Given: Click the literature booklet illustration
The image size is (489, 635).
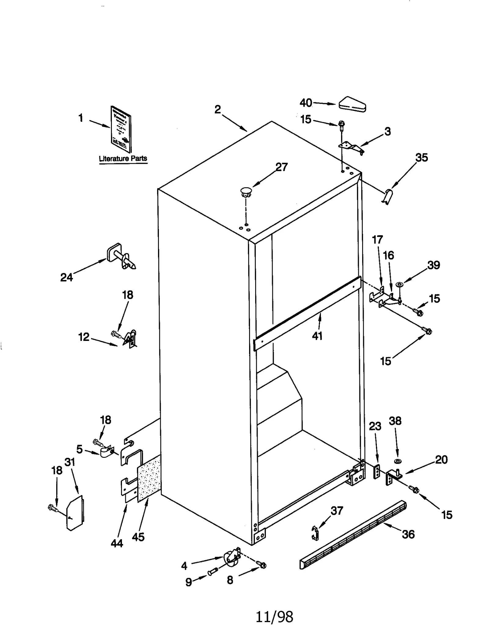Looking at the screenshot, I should tap(121, 129).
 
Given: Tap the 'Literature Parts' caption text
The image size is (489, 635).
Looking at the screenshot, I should tap(123, 159).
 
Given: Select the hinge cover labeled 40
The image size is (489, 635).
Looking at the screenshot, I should tap(352, 104).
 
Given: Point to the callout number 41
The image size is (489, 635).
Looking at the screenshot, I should tap(317, 336).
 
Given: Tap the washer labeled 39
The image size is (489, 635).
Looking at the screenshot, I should tap(399, 285).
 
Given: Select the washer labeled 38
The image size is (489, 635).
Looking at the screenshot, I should tap(398, 461).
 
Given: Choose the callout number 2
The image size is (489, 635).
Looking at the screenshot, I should tap(218, 110).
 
